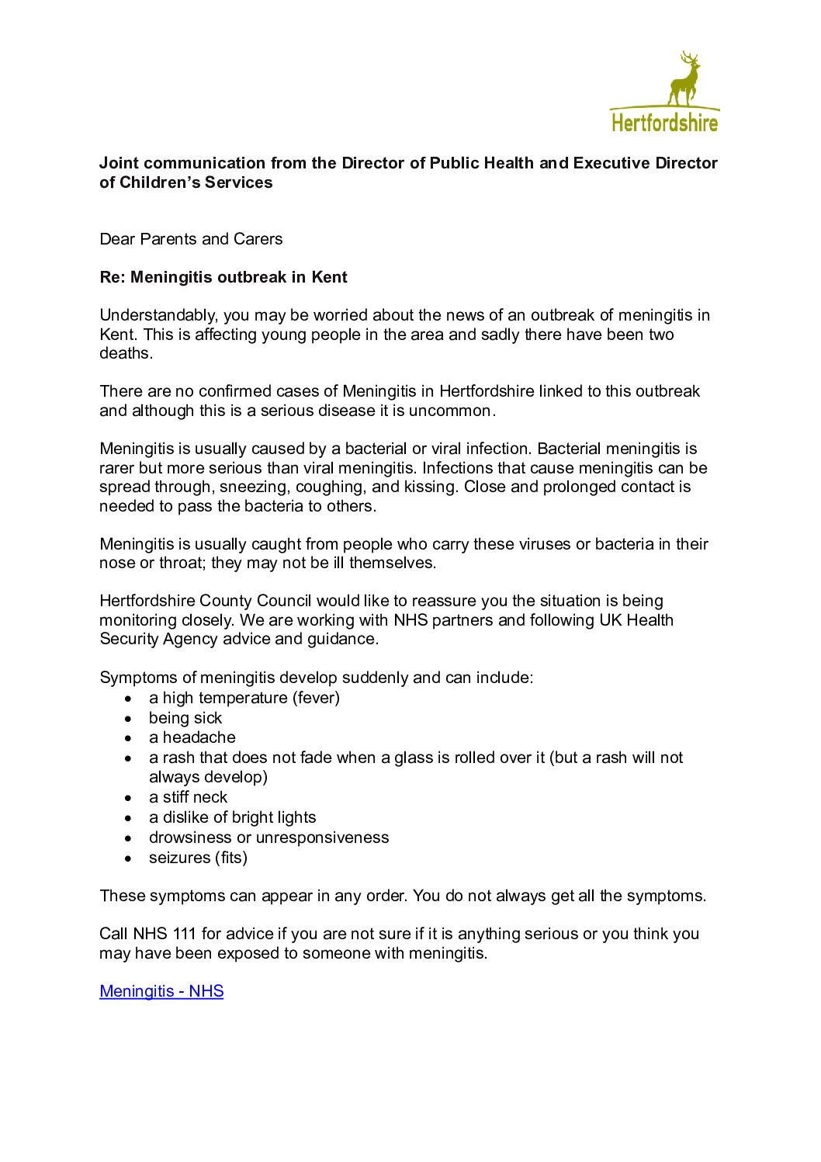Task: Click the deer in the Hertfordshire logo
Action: [x=684, y=79]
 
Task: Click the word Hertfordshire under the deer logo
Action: [x=664, y=123]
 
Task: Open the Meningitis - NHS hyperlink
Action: [x=161, y=991]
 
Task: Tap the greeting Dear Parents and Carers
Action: [x=191, y=239]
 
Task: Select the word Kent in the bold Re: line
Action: [x=329, y=277]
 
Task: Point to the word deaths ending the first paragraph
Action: [x=125, y=353]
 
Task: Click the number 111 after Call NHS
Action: [x=184, y=934]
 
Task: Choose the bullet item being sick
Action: [x=185, y=718]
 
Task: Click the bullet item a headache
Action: [x=192, y=737]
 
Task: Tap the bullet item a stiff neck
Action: [x=188, y=797]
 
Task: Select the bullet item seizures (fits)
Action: [x=198, y=858]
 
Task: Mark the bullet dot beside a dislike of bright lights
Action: [x=128, y=818]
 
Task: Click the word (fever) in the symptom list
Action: [x=316, y=698]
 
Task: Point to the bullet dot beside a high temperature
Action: [x=128, y=699]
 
